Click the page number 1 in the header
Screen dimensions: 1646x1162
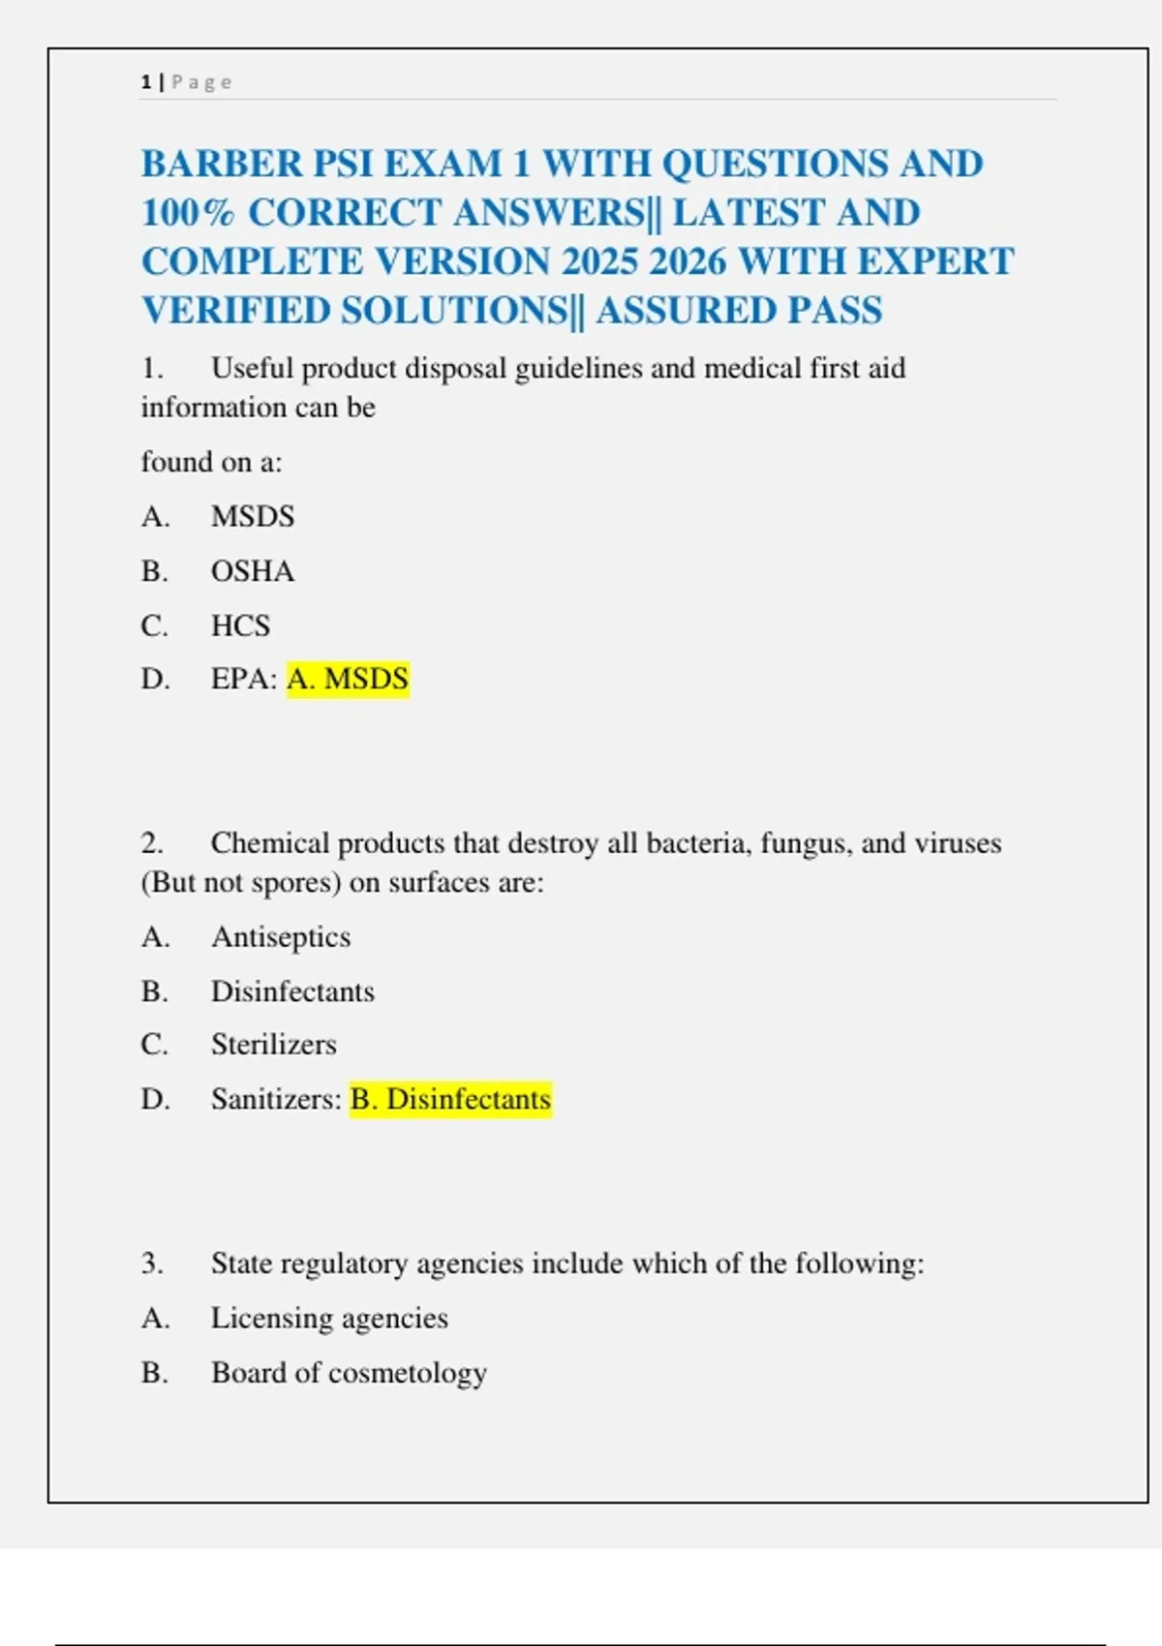(145, 82)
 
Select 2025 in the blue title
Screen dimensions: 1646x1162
(599, 261)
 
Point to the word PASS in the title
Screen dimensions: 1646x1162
(835, 311)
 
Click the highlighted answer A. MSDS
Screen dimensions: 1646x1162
(348, 679)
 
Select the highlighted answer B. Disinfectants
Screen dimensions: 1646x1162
(450, 1100)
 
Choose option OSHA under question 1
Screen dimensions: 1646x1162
(253, 571)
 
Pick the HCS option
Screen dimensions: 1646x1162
(241, 625)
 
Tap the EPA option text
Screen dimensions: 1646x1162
(242, 679)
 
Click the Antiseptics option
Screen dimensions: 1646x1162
(281, 937)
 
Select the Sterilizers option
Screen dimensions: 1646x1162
(274, 1045)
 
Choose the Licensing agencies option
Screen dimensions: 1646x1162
(329, 1319)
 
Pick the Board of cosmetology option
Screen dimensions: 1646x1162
(349, 1373)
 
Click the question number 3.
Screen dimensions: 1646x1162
(152, 1264)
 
